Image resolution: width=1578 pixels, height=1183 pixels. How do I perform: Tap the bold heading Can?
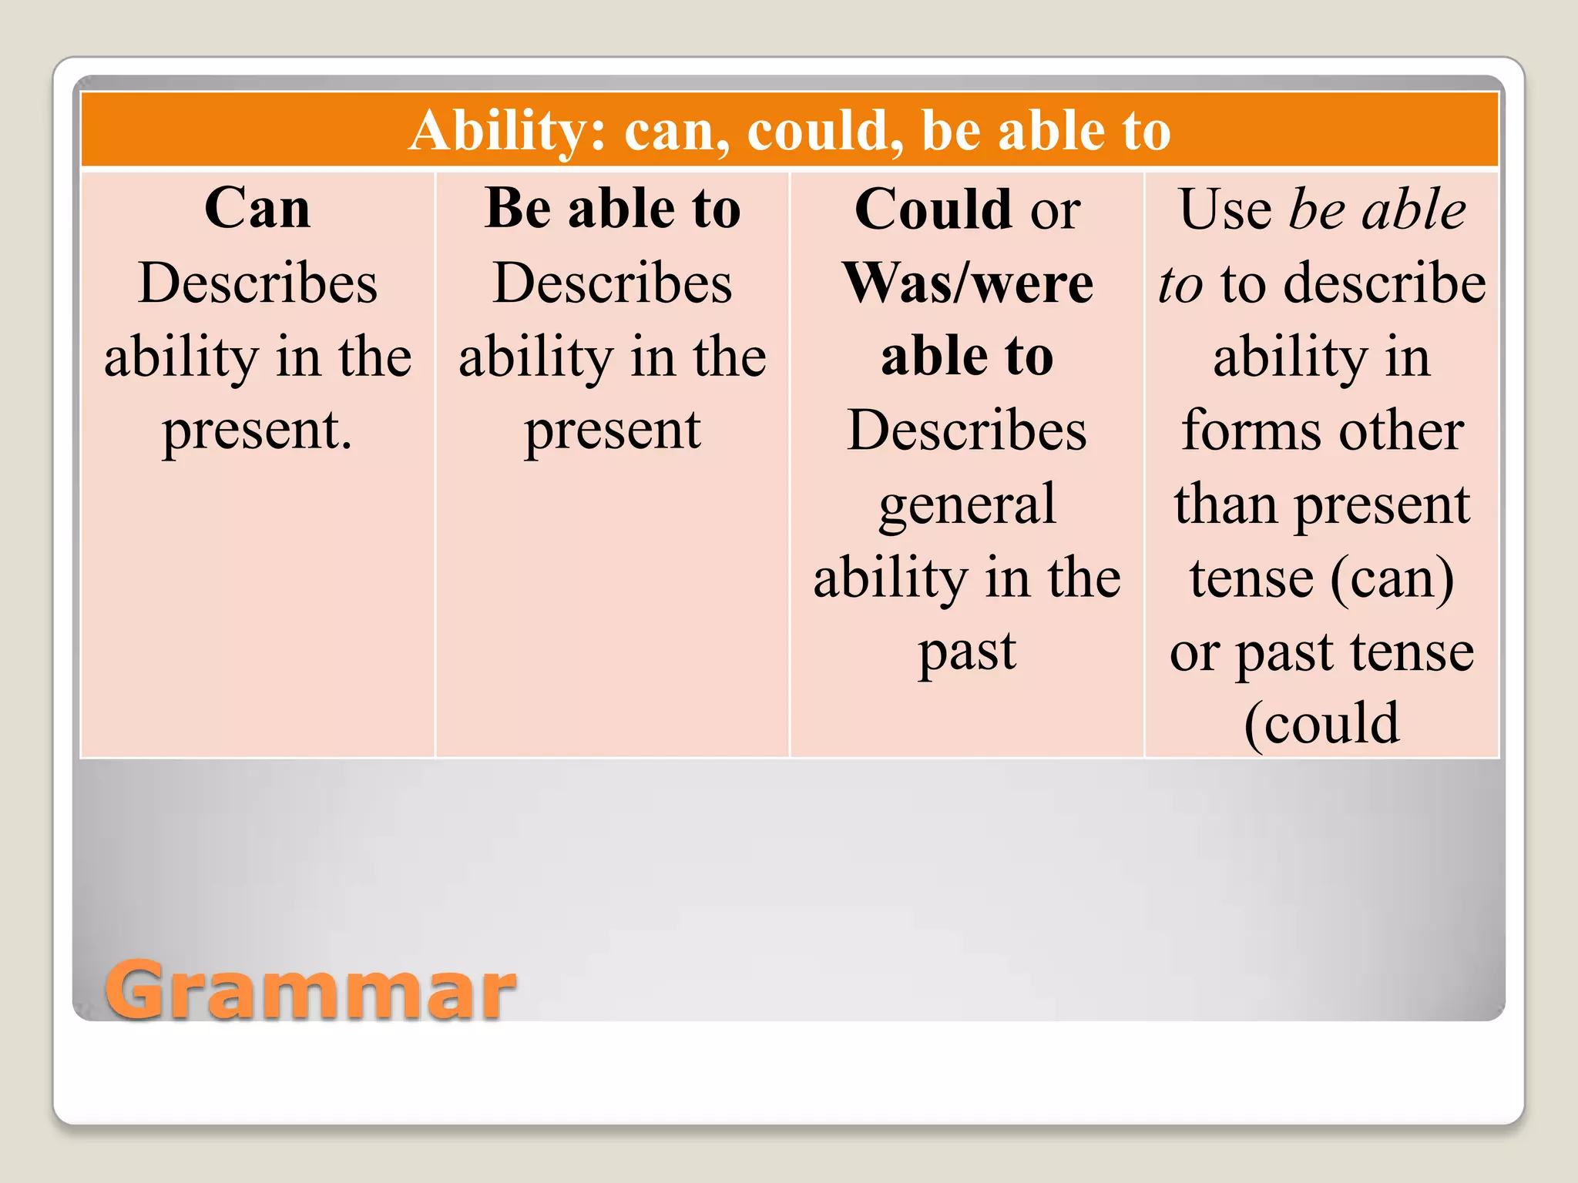point(257,209)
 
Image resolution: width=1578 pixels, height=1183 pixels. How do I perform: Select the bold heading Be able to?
point(613,209)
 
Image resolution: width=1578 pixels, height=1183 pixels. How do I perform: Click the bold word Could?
point(933,209)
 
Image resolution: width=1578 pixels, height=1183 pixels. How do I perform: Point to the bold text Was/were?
point(968,283)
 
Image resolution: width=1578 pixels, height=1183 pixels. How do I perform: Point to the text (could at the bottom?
point(1321,724)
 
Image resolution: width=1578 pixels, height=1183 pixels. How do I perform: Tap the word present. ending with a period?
point(257,431)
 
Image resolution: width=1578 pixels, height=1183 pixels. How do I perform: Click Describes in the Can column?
point(257,283)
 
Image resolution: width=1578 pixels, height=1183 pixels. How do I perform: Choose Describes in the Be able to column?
point(613,283)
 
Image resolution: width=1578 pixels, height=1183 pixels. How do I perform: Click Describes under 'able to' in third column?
point(967,431)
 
